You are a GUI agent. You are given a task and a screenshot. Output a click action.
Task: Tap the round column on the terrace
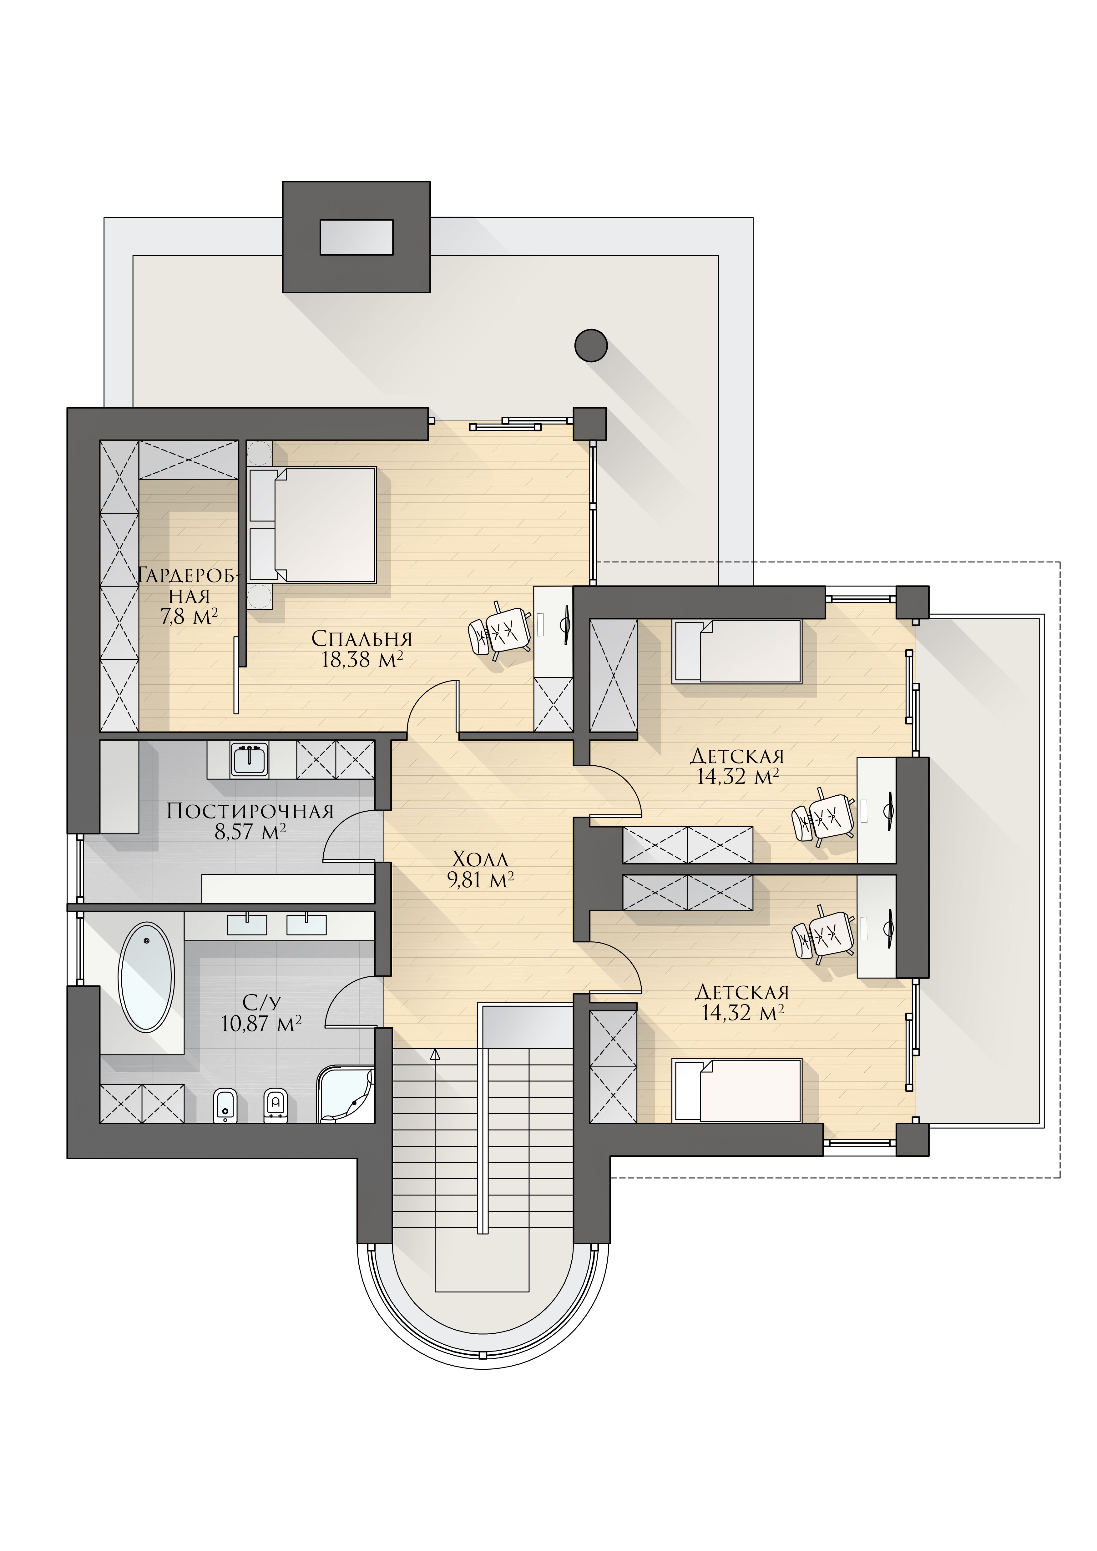pos(591,345)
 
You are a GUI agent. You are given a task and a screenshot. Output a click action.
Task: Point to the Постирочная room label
pos(250,811)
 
